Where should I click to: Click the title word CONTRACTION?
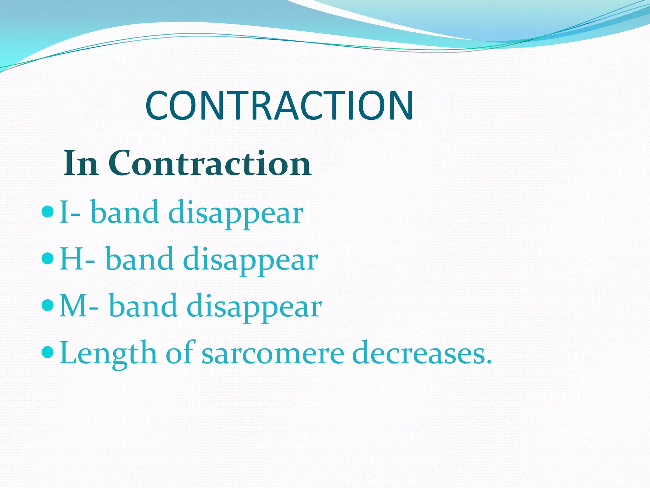[279, 105]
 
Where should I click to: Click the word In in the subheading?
[81, 164]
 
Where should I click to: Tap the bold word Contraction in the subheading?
[209, 164]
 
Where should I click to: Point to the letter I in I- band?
[63, 212]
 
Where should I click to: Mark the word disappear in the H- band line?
[250, 261]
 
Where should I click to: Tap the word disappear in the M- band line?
[254, 307]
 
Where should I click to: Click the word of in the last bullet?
[180, 353]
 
